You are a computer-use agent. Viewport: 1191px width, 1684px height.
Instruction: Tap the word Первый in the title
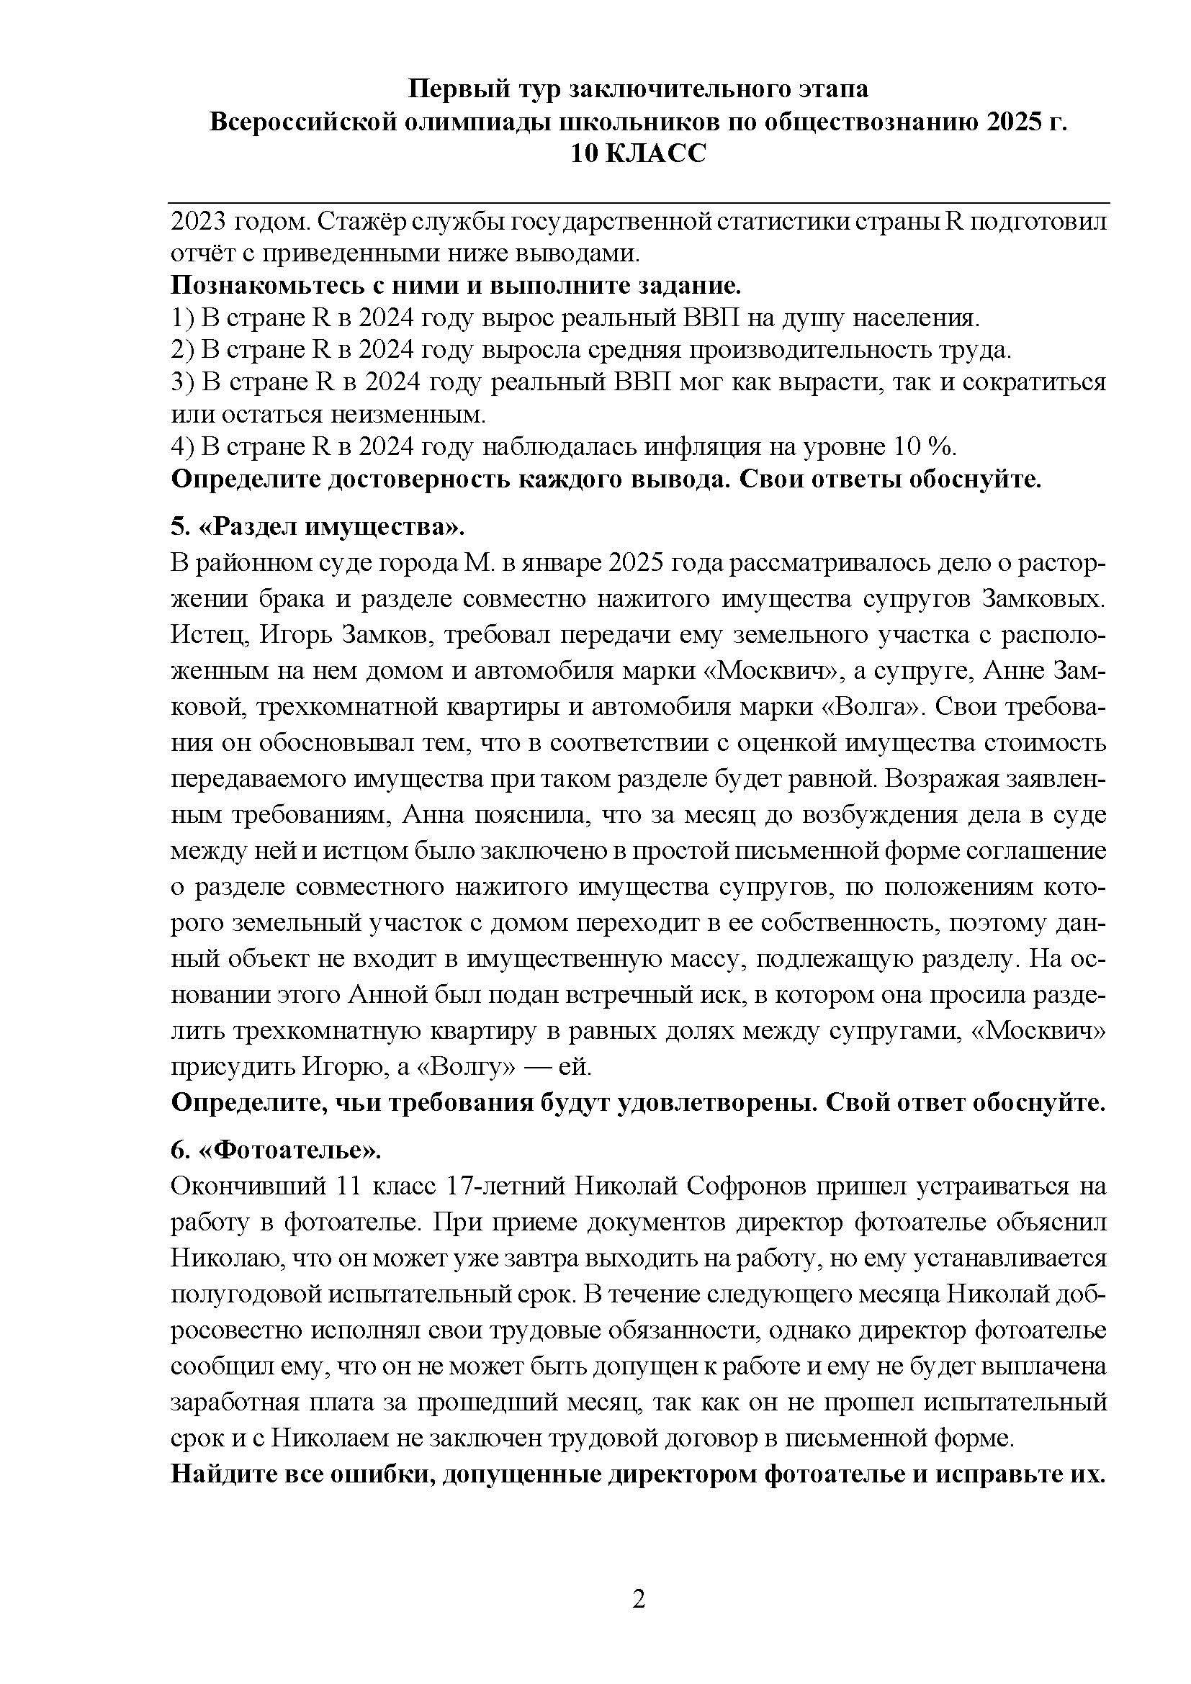(446, 89)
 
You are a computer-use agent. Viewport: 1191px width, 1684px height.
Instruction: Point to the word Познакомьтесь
(257, 285)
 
